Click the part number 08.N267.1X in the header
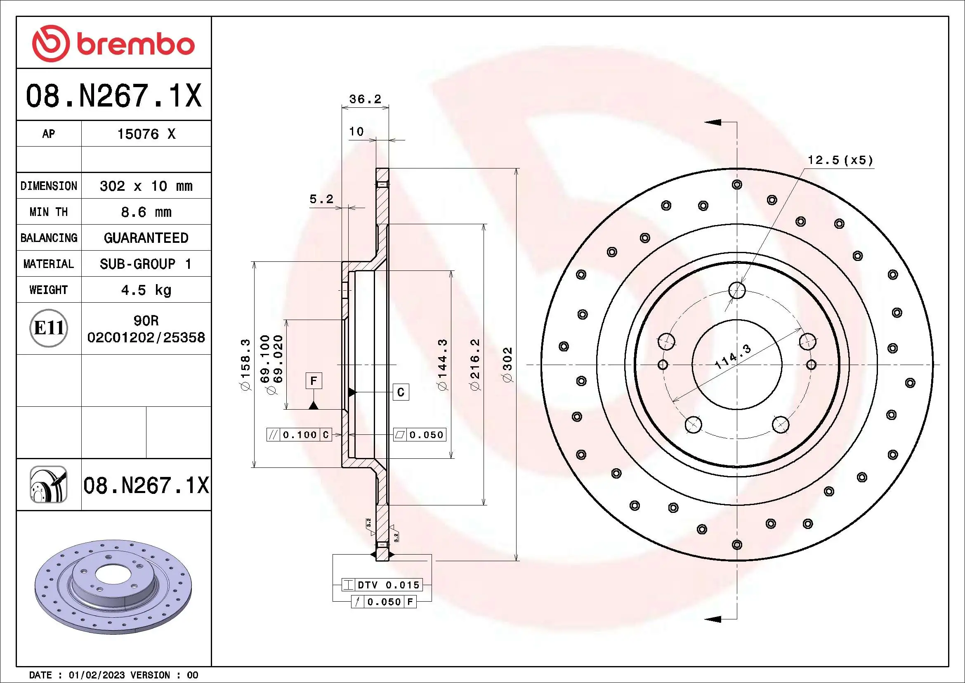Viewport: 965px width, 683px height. (x=113, y=96)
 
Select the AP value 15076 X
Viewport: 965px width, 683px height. (x=146, y=134)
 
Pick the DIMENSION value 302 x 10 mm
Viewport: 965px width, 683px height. (x=146, y=186)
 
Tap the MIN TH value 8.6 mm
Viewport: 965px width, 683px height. (x=146, y=212)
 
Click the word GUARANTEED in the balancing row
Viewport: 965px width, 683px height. (x=146, y=238)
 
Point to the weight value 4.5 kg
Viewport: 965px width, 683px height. (x=146, y=290)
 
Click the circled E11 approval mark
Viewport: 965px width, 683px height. (x=49, y=328)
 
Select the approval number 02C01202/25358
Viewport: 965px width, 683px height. (x=146, y=337)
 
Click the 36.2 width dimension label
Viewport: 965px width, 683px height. (x=365, y=99)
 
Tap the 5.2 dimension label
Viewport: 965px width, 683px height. (x=321, y=199)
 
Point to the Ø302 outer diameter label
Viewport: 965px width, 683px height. (x=508, y=364)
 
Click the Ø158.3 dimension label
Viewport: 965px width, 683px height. (x=245, y=364)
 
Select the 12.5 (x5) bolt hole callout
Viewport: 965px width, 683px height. (x=840, y=160)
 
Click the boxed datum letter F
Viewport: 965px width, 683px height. (x=314, y=381)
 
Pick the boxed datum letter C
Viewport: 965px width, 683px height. (x=401, y=392)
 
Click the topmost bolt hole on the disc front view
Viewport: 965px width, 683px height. (x=737, y=290)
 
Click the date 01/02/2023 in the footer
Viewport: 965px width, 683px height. (x=96, y=675)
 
